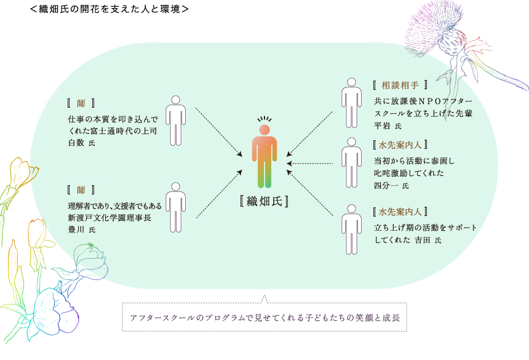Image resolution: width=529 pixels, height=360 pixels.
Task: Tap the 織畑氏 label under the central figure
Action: [264, 201]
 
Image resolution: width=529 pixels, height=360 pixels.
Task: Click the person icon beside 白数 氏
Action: [175, 121]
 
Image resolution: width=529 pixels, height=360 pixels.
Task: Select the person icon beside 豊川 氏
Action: [175, 207]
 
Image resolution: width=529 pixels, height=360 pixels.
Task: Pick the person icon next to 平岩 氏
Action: [352, 103]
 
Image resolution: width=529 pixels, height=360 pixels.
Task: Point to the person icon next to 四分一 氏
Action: [352, 162]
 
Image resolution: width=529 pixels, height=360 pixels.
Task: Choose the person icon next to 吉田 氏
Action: [352, 230]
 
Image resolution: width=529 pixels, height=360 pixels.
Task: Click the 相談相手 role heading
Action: [400, 85]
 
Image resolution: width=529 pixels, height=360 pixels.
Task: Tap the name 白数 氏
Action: [82, 143]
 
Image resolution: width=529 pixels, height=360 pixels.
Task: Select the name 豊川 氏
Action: [82, 230]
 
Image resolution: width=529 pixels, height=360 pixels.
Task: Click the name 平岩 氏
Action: [388, 126]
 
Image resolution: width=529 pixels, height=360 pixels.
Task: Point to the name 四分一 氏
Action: [391, 186]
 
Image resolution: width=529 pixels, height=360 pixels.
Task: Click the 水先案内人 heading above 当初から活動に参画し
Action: [400, 145]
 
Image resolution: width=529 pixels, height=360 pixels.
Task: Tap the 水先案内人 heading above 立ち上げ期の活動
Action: [400, 212]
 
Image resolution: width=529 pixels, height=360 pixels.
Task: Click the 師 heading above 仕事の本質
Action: [81, 103]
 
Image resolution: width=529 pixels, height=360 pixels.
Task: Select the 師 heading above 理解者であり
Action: [81, 190]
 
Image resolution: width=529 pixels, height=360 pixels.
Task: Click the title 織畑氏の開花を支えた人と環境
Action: [109, 9]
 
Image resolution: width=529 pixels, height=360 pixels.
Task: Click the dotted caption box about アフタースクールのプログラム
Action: [264, 317]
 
